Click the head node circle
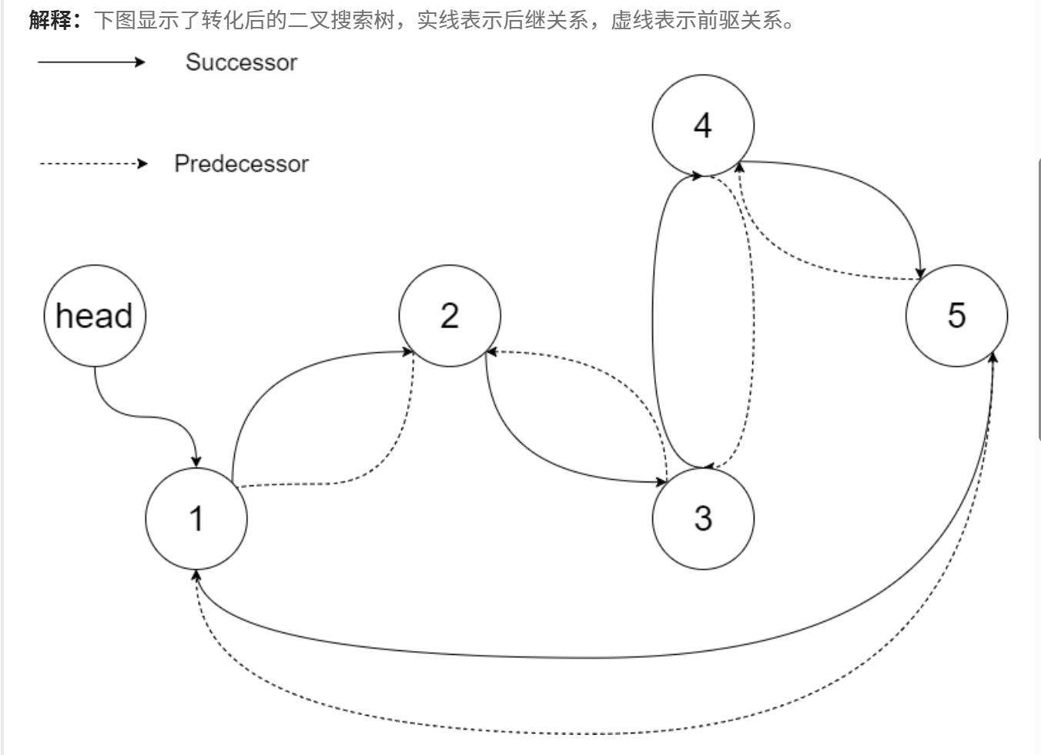95,316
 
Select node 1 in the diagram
196,518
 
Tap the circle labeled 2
450,316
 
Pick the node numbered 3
703,518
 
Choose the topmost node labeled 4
703,126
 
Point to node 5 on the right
956,316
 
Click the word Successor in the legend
241,62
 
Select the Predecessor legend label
241,163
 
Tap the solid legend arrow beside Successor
91,62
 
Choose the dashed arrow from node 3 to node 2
616,377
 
